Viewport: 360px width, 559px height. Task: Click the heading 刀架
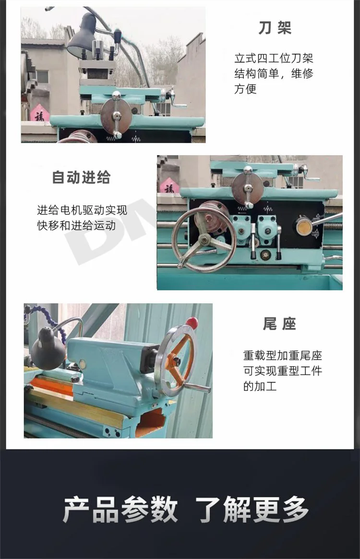[275, 28]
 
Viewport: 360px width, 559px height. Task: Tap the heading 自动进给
[81, 177]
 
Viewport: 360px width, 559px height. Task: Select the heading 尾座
[279, 324]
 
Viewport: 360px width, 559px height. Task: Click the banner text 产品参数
[120, 510]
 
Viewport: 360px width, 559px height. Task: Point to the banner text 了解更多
[252, 510]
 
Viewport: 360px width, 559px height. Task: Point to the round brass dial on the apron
[303, 226]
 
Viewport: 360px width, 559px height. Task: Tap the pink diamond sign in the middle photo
[168, 186]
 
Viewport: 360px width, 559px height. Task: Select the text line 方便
[246, 88]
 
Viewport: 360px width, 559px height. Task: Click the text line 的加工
[260, 386]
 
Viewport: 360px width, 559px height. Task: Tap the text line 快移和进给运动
[76, 225]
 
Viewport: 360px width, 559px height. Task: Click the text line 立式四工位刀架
[274, 58]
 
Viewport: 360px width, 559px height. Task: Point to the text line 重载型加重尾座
[283, 355]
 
